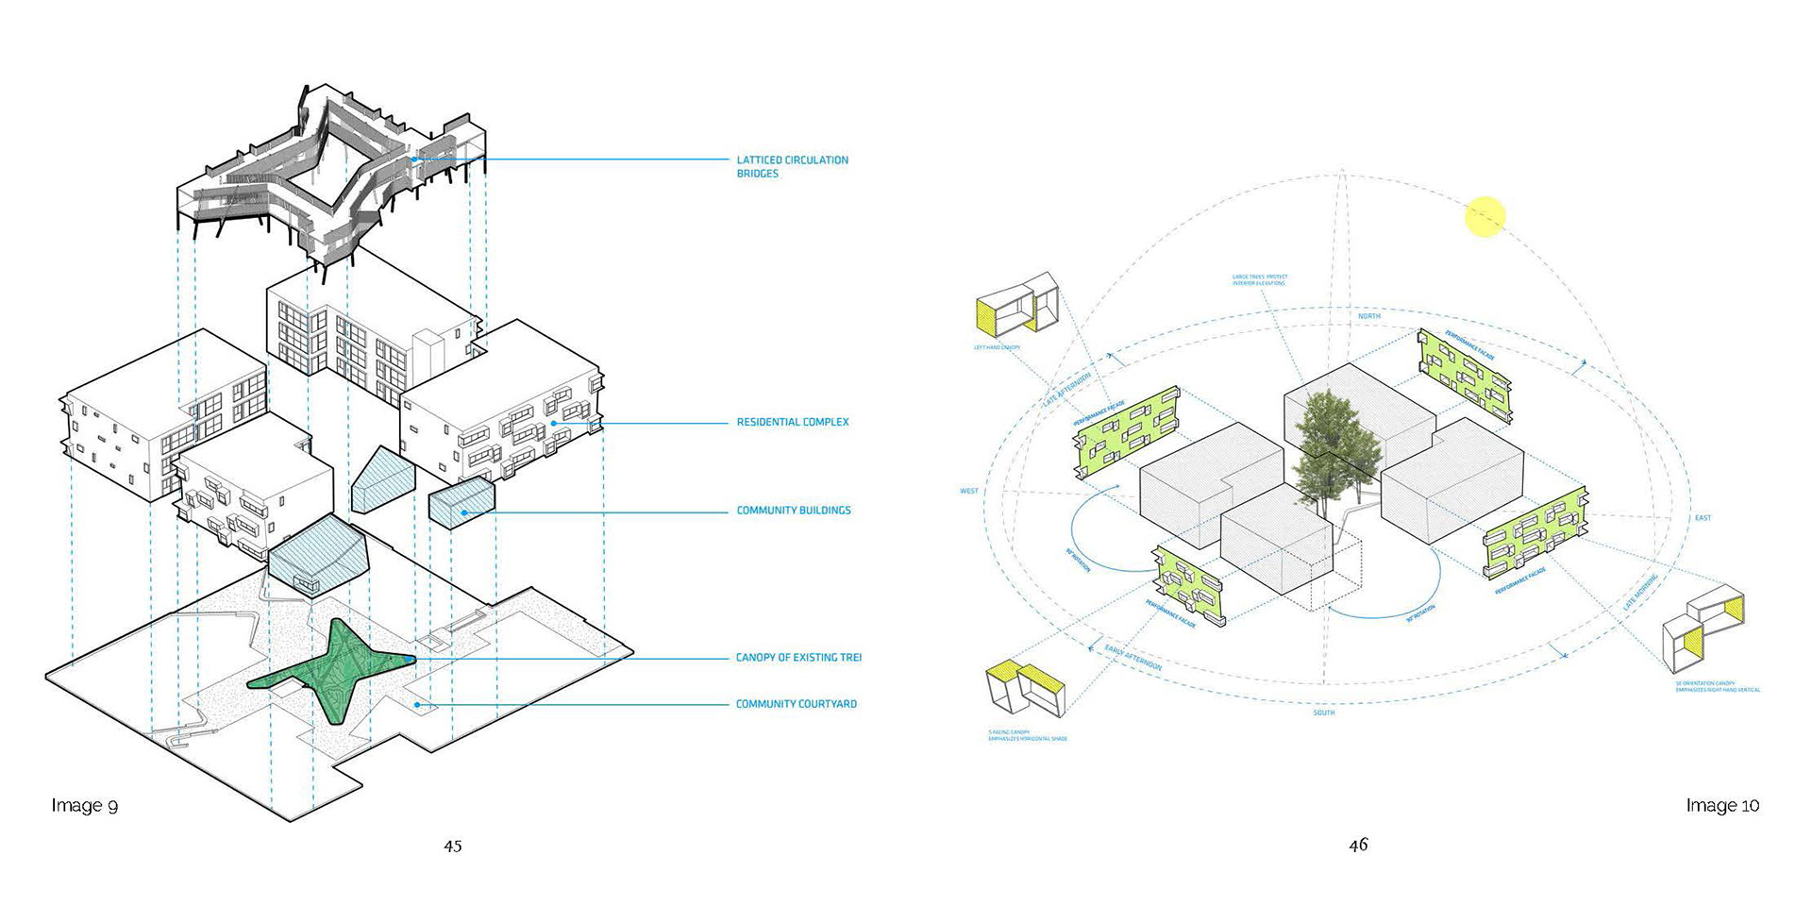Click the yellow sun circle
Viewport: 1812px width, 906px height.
(1485, 216)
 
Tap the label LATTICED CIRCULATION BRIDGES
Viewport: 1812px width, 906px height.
(792, 167)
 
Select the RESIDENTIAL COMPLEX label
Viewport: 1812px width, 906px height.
(793, 422)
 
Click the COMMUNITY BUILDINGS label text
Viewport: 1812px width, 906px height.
(794, 511)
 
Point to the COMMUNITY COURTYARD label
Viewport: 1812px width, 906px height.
(796, 704)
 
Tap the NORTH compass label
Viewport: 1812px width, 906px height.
(1368, 316)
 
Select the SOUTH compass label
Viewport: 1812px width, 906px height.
(1323, 713)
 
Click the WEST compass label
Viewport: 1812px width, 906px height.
(969, 491)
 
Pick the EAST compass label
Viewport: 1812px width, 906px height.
(1703, 517)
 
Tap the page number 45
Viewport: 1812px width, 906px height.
(453, 846)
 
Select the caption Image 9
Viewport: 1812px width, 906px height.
(85, 805)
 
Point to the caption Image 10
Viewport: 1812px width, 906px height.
(1722, 805)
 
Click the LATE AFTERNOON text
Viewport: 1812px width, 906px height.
(1066, 389)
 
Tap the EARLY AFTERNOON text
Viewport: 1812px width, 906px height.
(1132, 657)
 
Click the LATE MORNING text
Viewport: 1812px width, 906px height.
(1640, 590)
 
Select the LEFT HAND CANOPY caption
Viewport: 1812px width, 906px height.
(997, 348)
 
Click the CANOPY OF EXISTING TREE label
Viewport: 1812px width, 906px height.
(797, 658)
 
